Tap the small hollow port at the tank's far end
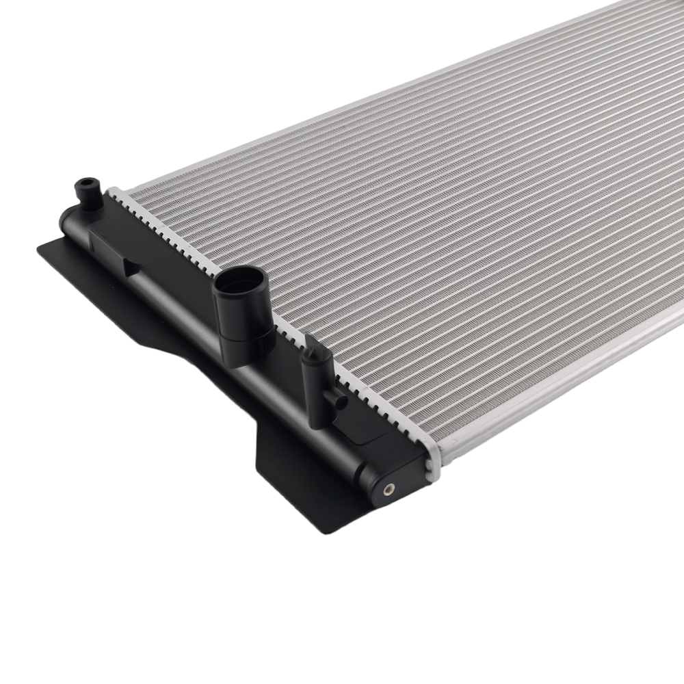(x=84, y=183)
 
